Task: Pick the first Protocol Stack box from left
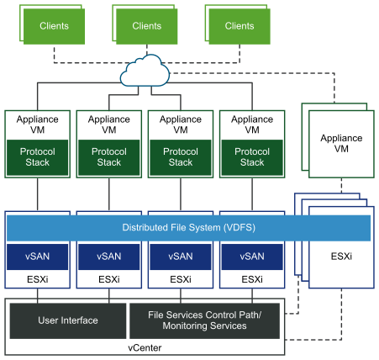[37, 157]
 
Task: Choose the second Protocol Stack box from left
[108, 157]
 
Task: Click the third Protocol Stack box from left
[180, 157]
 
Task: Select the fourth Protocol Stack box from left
[251, 157]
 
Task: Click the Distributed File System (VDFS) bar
[188, 228]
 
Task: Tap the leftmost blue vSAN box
[37, 257]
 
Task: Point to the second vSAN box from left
[108, 257]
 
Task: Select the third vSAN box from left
[180, 257]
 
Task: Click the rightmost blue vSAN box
[251, 257]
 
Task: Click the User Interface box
[67, 320]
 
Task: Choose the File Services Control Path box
[204, 320]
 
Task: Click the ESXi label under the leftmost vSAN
[37, 279]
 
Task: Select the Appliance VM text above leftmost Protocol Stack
[37, 125]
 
